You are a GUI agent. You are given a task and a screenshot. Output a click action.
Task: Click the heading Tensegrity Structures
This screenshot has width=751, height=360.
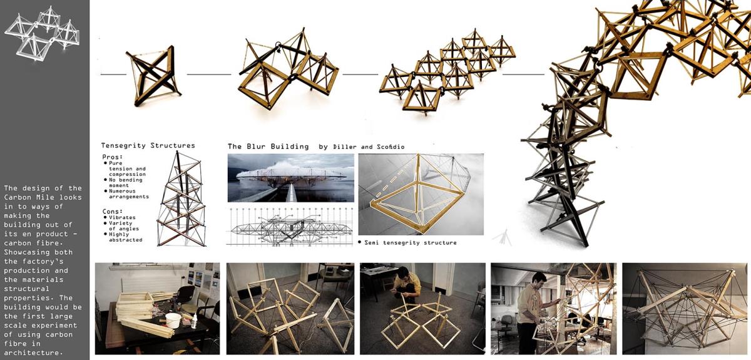click(x=148, y=146)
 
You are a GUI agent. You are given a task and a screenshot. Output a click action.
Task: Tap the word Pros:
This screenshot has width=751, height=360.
click(x=112, y=157)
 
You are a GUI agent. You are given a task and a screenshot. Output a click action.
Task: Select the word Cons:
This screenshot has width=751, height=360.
click(x=112, y=212)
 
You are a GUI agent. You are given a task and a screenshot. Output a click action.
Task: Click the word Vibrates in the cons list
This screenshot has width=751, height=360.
click(x=122, y=217)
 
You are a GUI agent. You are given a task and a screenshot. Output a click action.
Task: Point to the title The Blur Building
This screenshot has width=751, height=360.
click(x=268, y=147)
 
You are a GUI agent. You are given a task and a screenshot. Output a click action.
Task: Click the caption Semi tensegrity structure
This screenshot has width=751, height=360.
click(x=411, y=242)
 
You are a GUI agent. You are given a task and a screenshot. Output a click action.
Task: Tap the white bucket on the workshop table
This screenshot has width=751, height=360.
click(x=173, y=320)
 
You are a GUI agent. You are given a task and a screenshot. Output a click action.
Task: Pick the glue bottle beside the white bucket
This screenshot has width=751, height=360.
click(x=194, y=321)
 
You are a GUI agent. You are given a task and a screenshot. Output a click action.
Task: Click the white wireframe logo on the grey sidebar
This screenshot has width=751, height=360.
click(x=43, y=33)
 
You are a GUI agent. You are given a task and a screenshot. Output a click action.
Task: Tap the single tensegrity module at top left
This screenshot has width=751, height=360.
click(x=153, y=76)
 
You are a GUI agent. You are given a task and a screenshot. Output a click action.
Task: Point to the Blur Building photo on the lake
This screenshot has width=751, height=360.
click(x=290, y=178)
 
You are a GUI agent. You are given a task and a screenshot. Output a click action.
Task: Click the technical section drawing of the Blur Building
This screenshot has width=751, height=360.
click(x=290, y=227)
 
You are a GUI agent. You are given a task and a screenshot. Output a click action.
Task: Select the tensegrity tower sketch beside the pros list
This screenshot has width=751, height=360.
click(x=181, y=199)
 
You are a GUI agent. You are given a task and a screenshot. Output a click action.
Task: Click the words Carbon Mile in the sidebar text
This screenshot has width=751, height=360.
click(x=43, y=197)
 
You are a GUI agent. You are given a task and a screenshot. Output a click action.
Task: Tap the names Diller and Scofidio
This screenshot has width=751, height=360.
click(x=369, y=147)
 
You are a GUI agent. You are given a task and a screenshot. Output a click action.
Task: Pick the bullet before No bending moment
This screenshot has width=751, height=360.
click(x=105, y=180)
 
